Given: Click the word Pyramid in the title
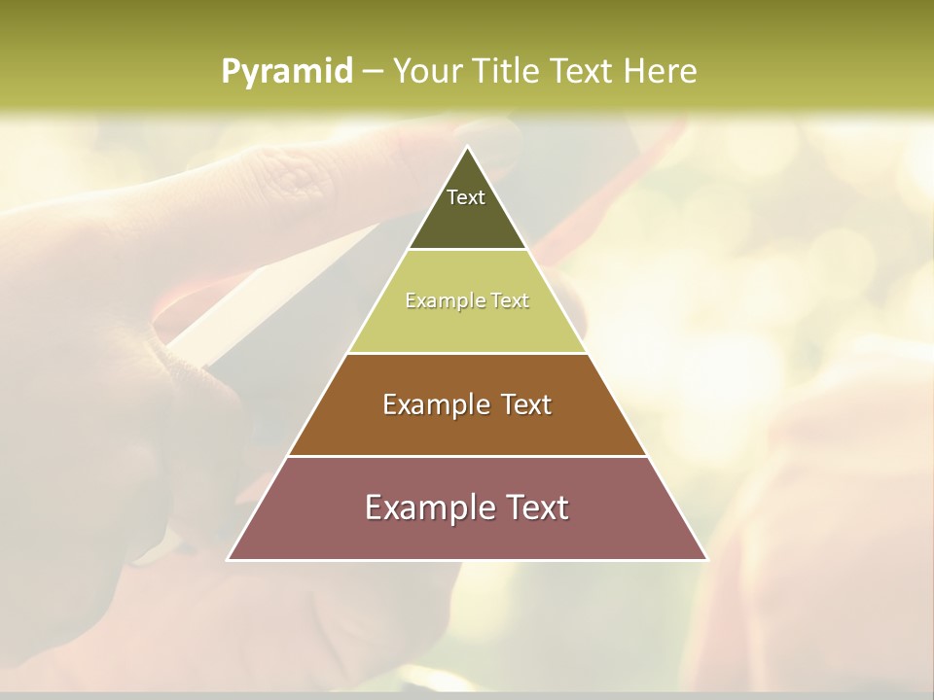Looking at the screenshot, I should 286,72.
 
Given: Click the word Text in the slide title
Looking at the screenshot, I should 582,71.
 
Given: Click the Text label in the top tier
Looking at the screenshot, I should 466,197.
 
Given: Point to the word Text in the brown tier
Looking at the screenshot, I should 528,404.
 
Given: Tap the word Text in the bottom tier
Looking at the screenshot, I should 535,507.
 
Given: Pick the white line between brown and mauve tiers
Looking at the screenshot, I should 467,456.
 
